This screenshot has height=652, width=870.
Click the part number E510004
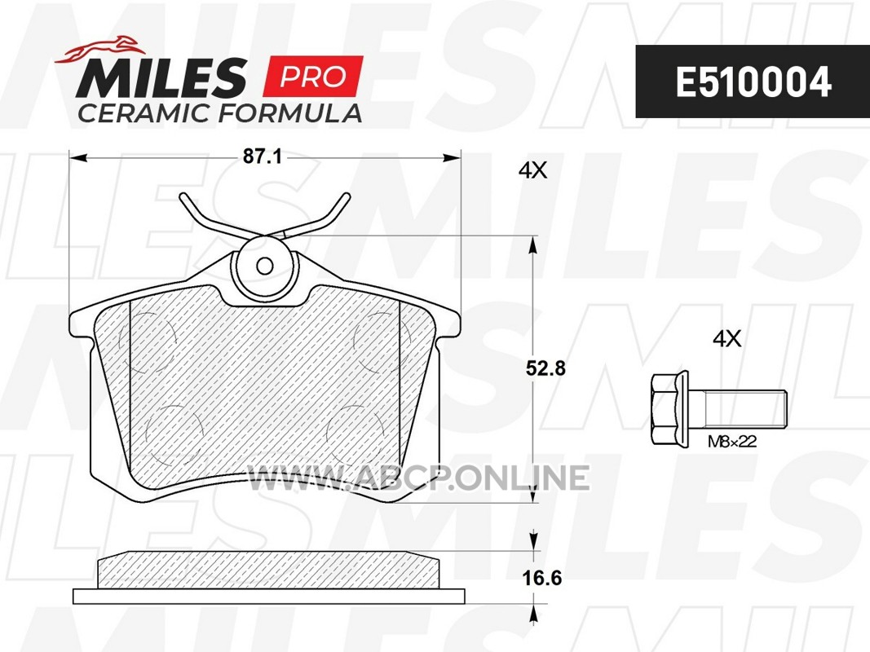click(x=753, y=82)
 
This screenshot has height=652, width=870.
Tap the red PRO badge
click(x=313, y=76)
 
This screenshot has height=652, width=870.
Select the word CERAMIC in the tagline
click(x=144, y=113)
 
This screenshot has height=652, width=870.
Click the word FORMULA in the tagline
click(x=289, y=113)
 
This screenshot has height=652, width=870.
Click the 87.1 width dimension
click(x=263, y=157)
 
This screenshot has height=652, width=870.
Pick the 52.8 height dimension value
click(x=545, y=368)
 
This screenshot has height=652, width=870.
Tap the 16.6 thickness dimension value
click(x=541, y=578)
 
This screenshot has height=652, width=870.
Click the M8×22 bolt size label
click(x=732, y=441)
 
